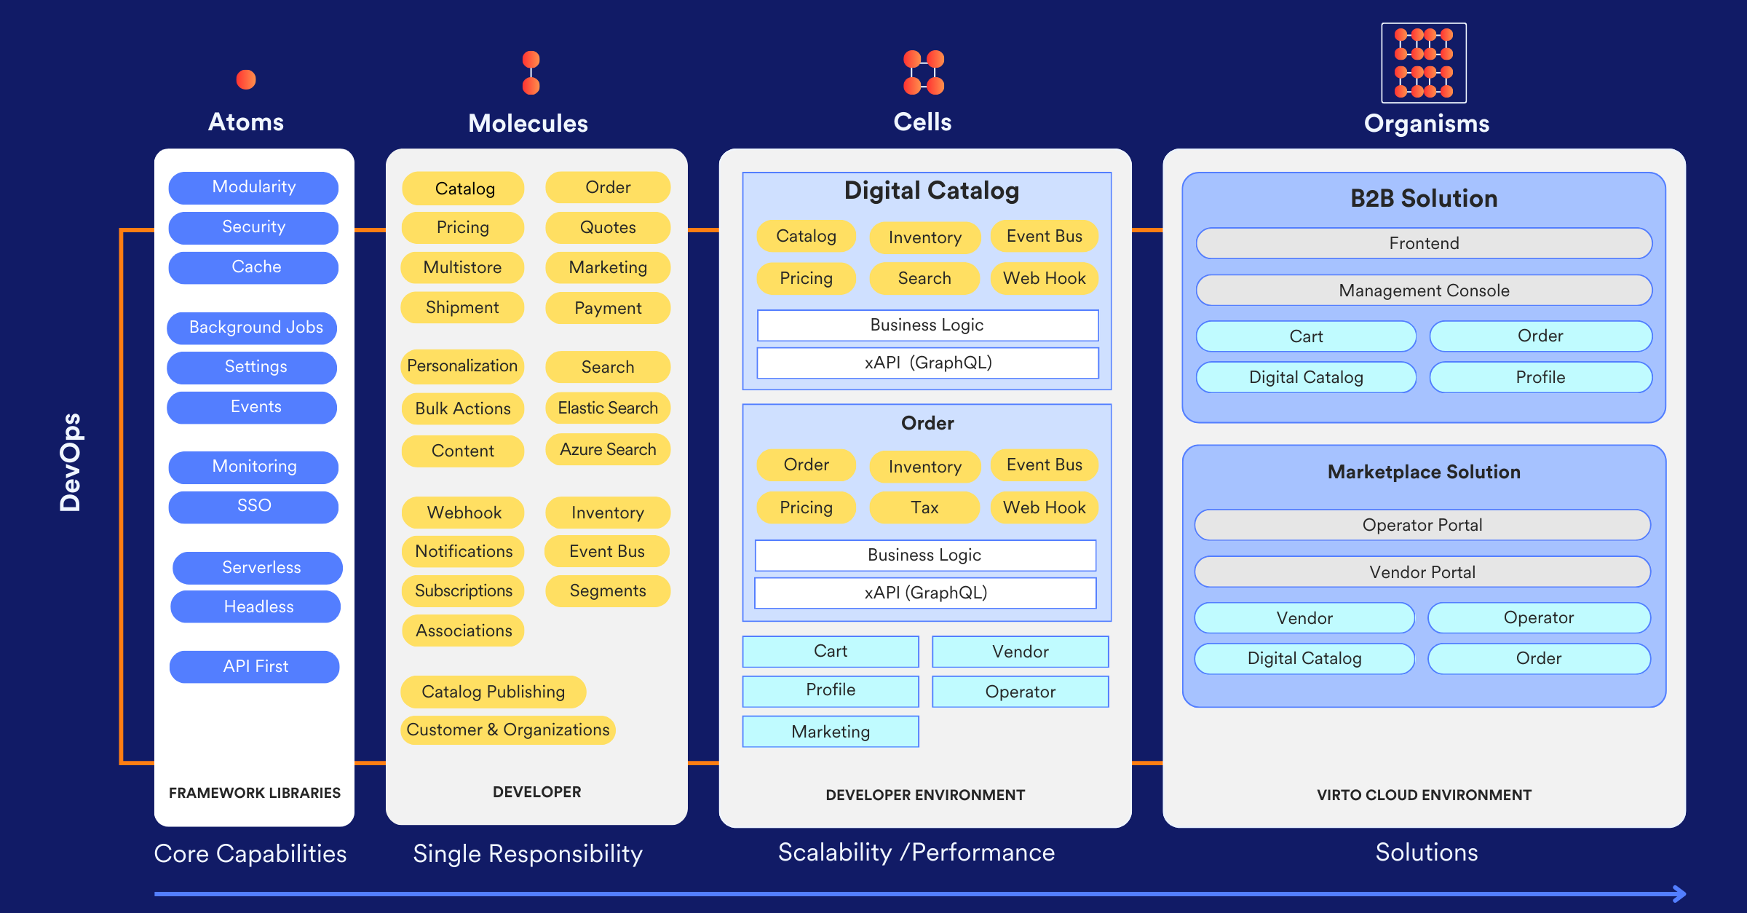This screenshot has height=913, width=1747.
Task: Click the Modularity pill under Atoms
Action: point(253,187)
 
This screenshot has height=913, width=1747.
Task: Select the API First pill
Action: point(255,666)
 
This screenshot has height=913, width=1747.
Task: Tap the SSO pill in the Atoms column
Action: point(253,506)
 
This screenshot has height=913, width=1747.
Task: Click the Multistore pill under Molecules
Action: point(462,267)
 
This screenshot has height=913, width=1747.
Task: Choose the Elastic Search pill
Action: point(607,408)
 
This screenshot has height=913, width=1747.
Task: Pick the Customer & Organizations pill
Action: point(507,730)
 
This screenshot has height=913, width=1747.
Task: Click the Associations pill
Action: point(463,631)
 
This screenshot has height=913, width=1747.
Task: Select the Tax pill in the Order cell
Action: point(924,507)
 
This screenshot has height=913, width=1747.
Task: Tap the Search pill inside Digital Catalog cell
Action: point(924,278)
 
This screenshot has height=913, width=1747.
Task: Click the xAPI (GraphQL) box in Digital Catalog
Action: point(927,363)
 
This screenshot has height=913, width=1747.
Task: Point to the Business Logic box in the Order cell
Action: point(924,555)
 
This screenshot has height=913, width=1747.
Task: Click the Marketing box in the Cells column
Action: point(831,731)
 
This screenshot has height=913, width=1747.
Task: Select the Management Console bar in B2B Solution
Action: point(1424,290)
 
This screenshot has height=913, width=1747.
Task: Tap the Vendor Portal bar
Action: point(1422,572)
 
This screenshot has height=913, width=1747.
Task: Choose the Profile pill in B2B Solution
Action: point(1540,377)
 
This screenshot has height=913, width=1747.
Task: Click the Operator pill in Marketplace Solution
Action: point(1538,617)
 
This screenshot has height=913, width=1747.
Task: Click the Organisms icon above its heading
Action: point(1424,63)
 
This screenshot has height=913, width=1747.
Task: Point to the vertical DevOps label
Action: point(71,462)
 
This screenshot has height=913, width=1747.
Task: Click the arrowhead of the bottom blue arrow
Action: point(1679,893)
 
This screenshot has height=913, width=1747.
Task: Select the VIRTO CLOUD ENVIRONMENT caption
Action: point(1424,795)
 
